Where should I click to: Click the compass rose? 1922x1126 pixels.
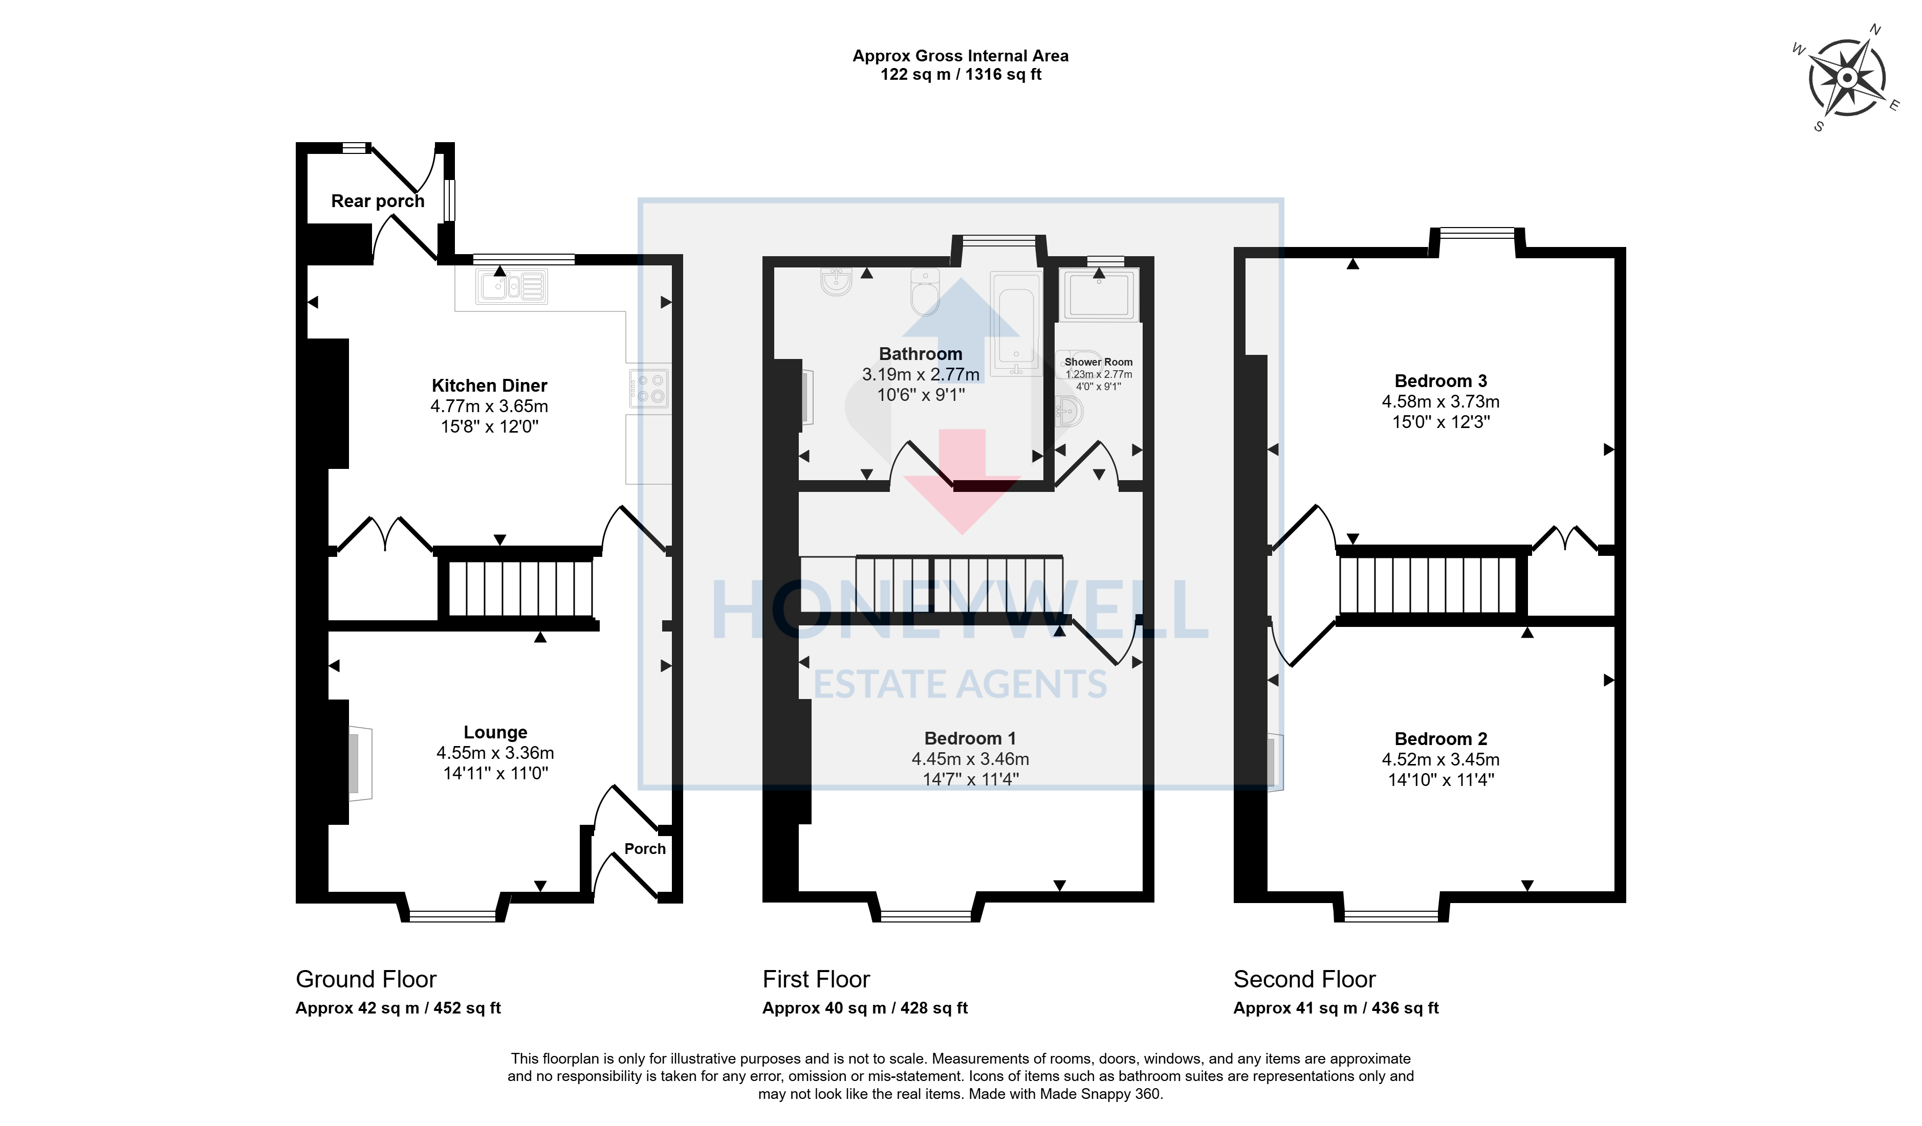click(1846, 78)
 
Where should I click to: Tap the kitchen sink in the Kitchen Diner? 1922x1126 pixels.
click(512, 287)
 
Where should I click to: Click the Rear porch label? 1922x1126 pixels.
click(378, 201)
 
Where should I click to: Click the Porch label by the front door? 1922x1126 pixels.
click(644, 848)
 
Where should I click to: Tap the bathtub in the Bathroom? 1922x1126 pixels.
click(1016, 324)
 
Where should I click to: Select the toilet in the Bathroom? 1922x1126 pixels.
click(925, 292)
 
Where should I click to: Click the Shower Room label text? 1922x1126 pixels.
click(1098, 362)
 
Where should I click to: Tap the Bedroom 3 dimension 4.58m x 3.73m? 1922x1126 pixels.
click(1441, 402)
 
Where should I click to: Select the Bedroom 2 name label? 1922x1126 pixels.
click(1441, 739)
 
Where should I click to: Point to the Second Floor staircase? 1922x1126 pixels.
click(1428, 584)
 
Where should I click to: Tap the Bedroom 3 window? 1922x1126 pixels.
click(1477, 233)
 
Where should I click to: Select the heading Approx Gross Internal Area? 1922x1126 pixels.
click(960, 56)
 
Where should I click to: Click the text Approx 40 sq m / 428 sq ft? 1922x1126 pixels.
click(865, 1008)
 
